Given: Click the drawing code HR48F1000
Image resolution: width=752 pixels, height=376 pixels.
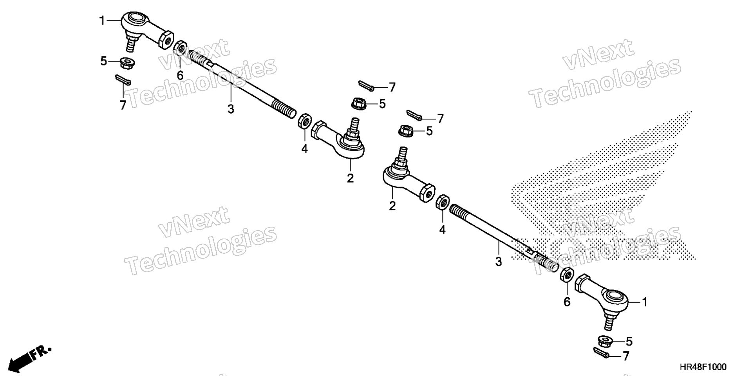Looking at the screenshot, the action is click(x=703, y=367).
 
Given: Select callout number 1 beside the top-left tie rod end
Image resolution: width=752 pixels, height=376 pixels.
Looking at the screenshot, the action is click(x=102, y=20).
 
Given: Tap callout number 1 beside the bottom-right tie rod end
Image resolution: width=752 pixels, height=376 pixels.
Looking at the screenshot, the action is click(x=644, y=302).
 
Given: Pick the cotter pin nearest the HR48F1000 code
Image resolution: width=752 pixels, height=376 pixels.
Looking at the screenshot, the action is click(x=602, y=353).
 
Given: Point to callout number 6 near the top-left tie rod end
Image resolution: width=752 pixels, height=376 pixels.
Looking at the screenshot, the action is click(x=180, y=75).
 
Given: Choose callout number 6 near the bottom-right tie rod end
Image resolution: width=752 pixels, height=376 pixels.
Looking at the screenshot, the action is click(x=567, y=302).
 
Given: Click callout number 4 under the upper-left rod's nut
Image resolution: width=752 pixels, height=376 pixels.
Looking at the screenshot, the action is click(x=304, y=148).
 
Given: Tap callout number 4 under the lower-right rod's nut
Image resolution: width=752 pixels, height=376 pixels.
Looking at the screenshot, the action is click(x=442, y=230).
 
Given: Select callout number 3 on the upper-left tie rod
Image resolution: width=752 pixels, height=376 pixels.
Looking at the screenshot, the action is click(x=231, y=109).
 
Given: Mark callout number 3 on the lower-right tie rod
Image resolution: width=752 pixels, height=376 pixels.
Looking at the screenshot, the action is click(x=498, y=262).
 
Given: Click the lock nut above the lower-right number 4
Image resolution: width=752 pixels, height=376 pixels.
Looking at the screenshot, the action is click(x=443, y=202).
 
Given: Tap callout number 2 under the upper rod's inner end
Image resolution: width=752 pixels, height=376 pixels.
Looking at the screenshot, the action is click(x=350, y=178).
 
